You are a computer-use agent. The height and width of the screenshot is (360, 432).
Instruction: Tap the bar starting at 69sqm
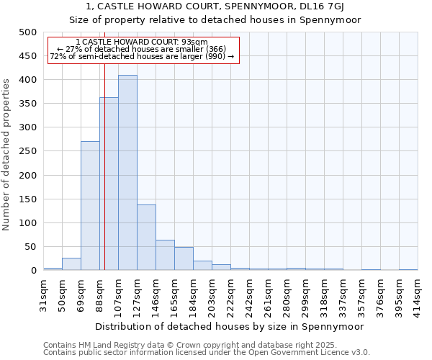point(90,206)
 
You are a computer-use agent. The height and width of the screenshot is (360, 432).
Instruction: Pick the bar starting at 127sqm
point(146,238)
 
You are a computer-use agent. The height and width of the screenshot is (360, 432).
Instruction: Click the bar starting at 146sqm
point(165,256)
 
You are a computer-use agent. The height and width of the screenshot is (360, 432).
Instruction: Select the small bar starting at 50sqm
point(71,264)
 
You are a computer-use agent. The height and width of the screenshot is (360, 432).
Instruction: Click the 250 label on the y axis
point(27,151)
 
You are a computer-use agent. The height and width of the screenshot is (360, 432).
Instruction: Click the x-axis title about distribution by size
point(229,326)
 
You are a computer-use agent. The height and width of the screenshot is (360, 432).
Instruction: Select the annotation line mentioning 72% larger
point(142,56)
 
